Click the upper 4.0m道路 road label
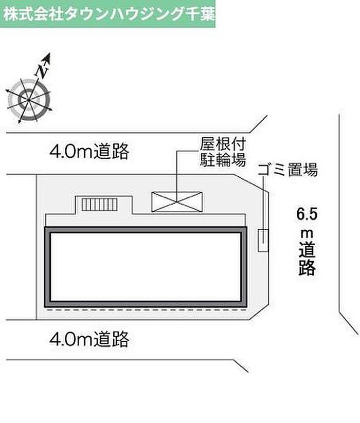click(89, 152)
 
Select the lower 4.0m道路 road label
click(89, 339)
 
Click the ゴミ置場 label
click(287, 170)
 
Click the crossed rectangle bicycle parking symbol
click(176, 201)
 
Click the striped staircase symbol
click(100, 205)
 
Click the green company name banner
click(108, 13)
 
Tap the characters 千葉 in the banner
click(199, 13)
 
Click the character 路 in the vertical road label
click(307, 268)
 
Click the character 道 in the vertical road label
click(307, 251)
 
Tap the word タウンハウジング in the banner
click(117, 13)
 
